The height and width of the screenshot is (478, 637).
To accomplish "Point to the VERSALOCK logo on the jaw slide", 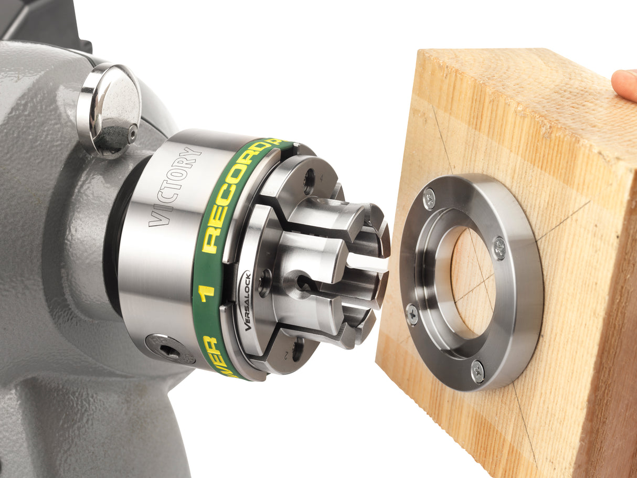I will coord(247,301).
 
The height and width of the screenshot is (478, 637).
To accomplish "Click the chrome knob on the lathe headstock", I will coord(109,108).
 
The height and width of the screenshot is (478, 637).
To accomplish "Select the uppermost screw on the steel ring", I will coord(429,199).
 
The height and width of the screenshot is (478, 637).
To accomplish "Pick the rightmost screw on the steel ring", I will coord(500,248).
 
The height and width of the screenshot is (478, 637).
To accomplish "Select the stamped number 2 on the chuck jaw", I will coord(286,355).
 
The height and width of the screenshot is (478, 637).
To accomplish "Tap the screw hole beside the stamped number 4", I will coord(309,182).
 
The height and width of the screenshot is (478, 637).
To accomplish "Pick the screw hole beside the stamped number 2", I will coord(298,349).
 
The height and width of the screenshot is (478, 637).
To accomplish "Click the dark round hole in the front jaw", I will coord(304,283).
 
